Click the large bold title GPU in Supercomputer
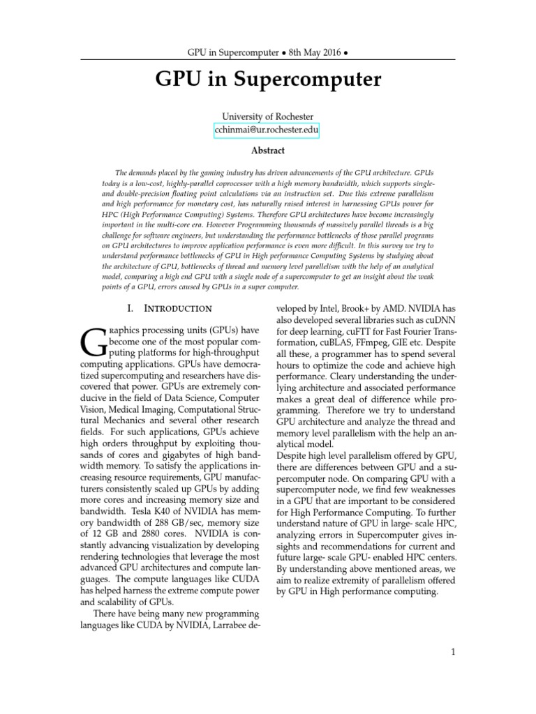click(268, 80)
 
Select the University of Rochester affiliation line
click(268, 116)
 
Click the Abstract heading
click(268, 149)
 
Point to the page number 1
click(453, 652)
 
